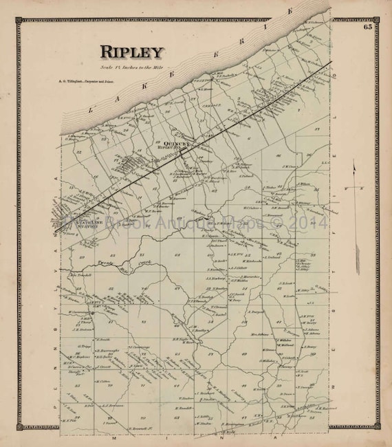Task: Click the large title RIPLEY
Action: point(131,52)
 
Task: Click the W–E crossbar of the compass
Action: point(355,187)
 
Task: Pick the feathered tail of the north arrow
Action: point(355,261)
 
